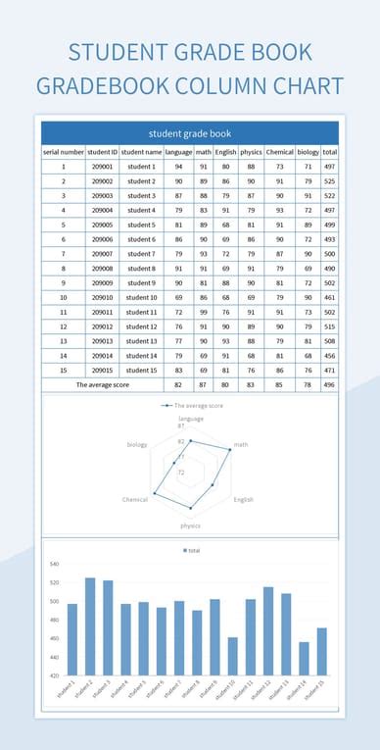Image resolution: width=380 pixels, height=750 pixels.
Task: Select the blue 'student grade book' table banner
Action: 190,132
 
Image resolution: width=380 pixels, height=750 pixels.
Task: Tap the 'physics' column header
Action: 251,152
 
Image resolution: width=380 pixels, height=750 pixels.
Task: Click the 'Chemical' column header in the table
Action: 280,152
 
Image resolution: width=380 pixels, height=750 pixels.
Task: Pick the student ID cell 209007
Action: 103,254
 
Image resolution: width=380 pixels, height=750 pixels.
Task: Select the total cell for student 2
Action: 330,181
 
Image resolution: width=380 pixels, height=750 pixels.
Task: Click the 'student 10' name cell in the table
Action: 141,297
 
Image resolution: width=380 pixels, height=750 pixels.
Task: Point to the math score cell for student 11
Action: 204,312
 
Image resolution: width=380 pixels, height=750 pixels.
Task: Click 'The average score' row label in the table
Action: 103,385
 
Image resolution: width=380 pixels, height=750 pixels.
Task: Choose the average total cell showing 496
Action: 330,385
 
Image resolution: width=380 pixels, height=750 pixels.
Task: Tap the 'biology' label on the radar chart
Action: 137,444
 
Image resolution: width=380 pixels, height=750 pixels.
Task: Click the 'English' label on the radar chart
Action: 243,499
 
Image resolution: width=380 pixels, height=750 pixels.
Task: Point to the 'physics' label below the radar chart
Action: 190,525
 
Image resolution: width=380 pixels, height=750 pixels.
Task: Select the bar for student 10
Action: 232,657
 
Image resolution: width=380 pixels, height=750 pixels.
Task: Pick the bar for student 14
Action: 304,659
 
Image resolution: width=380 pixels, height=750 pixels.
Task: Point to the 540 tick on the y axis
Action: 54,564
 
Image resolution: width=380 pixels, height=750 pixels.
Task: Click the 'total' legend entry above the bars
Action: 192,550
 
